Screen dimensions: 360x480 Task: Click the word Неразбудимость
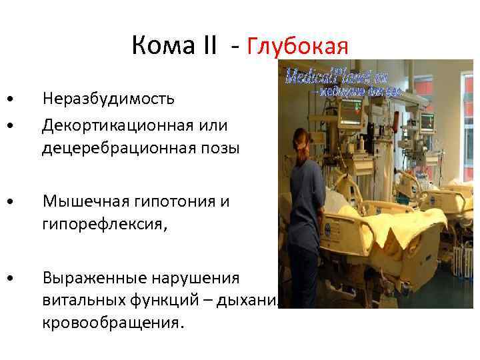[x=109, y=99]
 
